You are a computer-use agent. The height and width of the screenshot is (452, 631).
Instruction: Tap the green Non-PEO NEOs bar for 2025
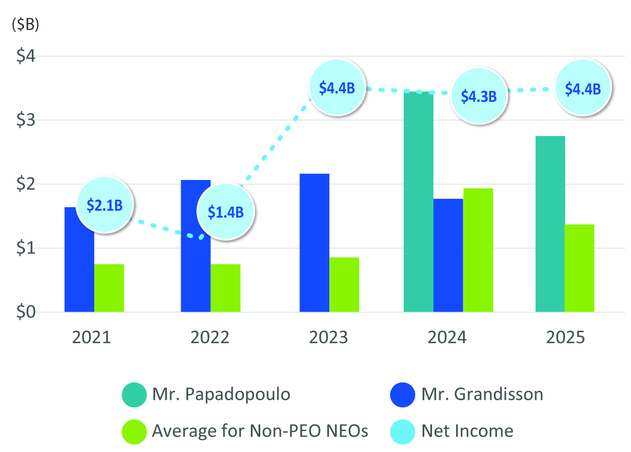click(579, 268)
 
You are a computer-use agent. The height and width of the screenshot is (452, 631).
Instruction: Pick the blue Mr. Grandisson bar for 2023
click(314, 243)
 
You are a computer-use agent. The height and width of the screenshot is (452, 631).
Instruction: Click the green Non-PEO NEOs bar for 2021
click(109, 288)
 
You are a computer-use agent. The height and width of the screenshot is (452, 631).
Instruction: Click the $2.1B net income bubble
click(105, 205)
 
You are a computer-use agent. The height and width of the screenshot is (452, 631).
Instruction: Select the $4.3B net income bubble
click(478, 96)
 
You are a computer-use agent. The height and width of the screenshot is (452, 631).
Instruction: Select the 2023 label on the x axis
click(328, 337)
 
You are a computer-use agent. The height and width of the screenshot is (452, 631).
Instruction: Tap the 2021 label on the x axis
click(92, 337)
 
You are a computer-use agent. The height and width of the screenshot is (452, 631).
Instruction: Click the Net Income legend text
click(467, 431)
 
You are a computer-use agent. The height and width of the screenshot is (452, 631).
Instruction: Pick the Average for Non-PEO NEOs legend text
click(260, 431)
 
